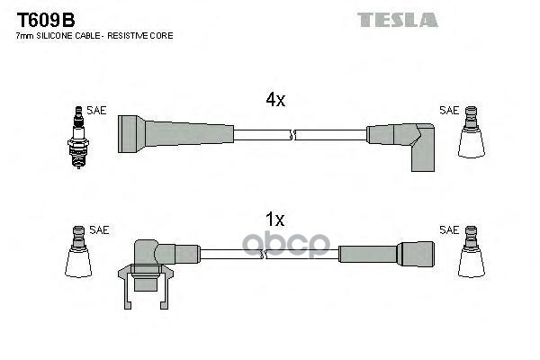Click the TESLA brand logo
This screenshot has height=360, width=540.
click(x=397, y=19)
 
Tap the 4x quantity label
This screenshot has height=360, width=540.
click(x=275, y=101)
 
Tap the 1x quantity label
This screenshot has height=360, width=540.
click(x=275, y=219)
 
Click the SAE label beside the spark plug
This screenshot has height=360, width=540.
click(x=96, y=111)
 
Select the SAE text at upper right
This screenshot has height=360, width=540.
click(x=448, y=111)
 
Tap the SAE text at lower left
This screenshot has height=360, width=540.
click(x=99, y=230)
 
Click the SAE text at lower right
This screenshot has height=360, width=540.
click(x=448, y=230)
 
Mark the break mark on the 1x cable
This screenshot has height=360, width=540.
click(x=262, y=255)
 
